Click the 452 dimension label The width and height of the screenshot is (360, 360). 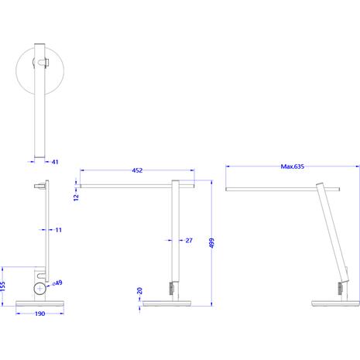[x=137, y=170]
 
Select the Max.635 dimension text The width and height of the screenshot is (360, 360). [x=293, y=166]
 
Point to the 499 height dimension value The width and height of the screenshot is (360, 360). [x=211, y=243]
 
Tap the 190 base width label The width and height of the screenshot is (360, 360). [x=40, y=314]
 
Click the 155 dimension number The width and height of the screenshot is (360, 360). [x=2, y=286]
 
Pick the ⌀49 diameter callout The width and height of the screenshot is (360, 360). [x=57, y=283]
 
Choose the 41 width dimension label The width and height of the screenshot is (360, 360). [x=55, y=162]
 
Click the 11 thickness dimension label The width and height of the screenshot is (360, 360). [x=59, y=230]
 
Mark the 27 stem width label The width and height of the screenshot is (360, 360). [x=189, y=240]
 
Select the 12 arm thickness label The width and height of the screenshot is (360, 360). [x=76, y=197]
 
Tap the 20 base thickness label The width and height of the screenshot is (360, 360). [x=139, y=291]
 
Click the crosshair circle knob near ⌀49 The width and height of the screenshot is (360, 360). [x=39, y=289]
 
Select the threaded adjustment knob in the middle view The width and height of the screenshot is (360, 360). [x=171, y=289]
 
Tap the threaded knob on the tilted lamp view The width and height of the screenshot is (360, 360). [x=340, y=289]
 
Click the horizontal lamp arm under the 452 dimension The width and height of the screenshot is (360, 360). [x=137, y=186]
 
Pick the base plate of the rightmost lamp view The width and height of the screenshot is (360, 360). [x=335, y=303]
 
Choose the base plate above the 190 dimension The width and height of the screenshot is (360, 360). [x=39, y=303]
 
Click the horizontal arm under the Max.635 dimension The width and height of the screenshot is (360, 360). [x=283, y=189]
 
